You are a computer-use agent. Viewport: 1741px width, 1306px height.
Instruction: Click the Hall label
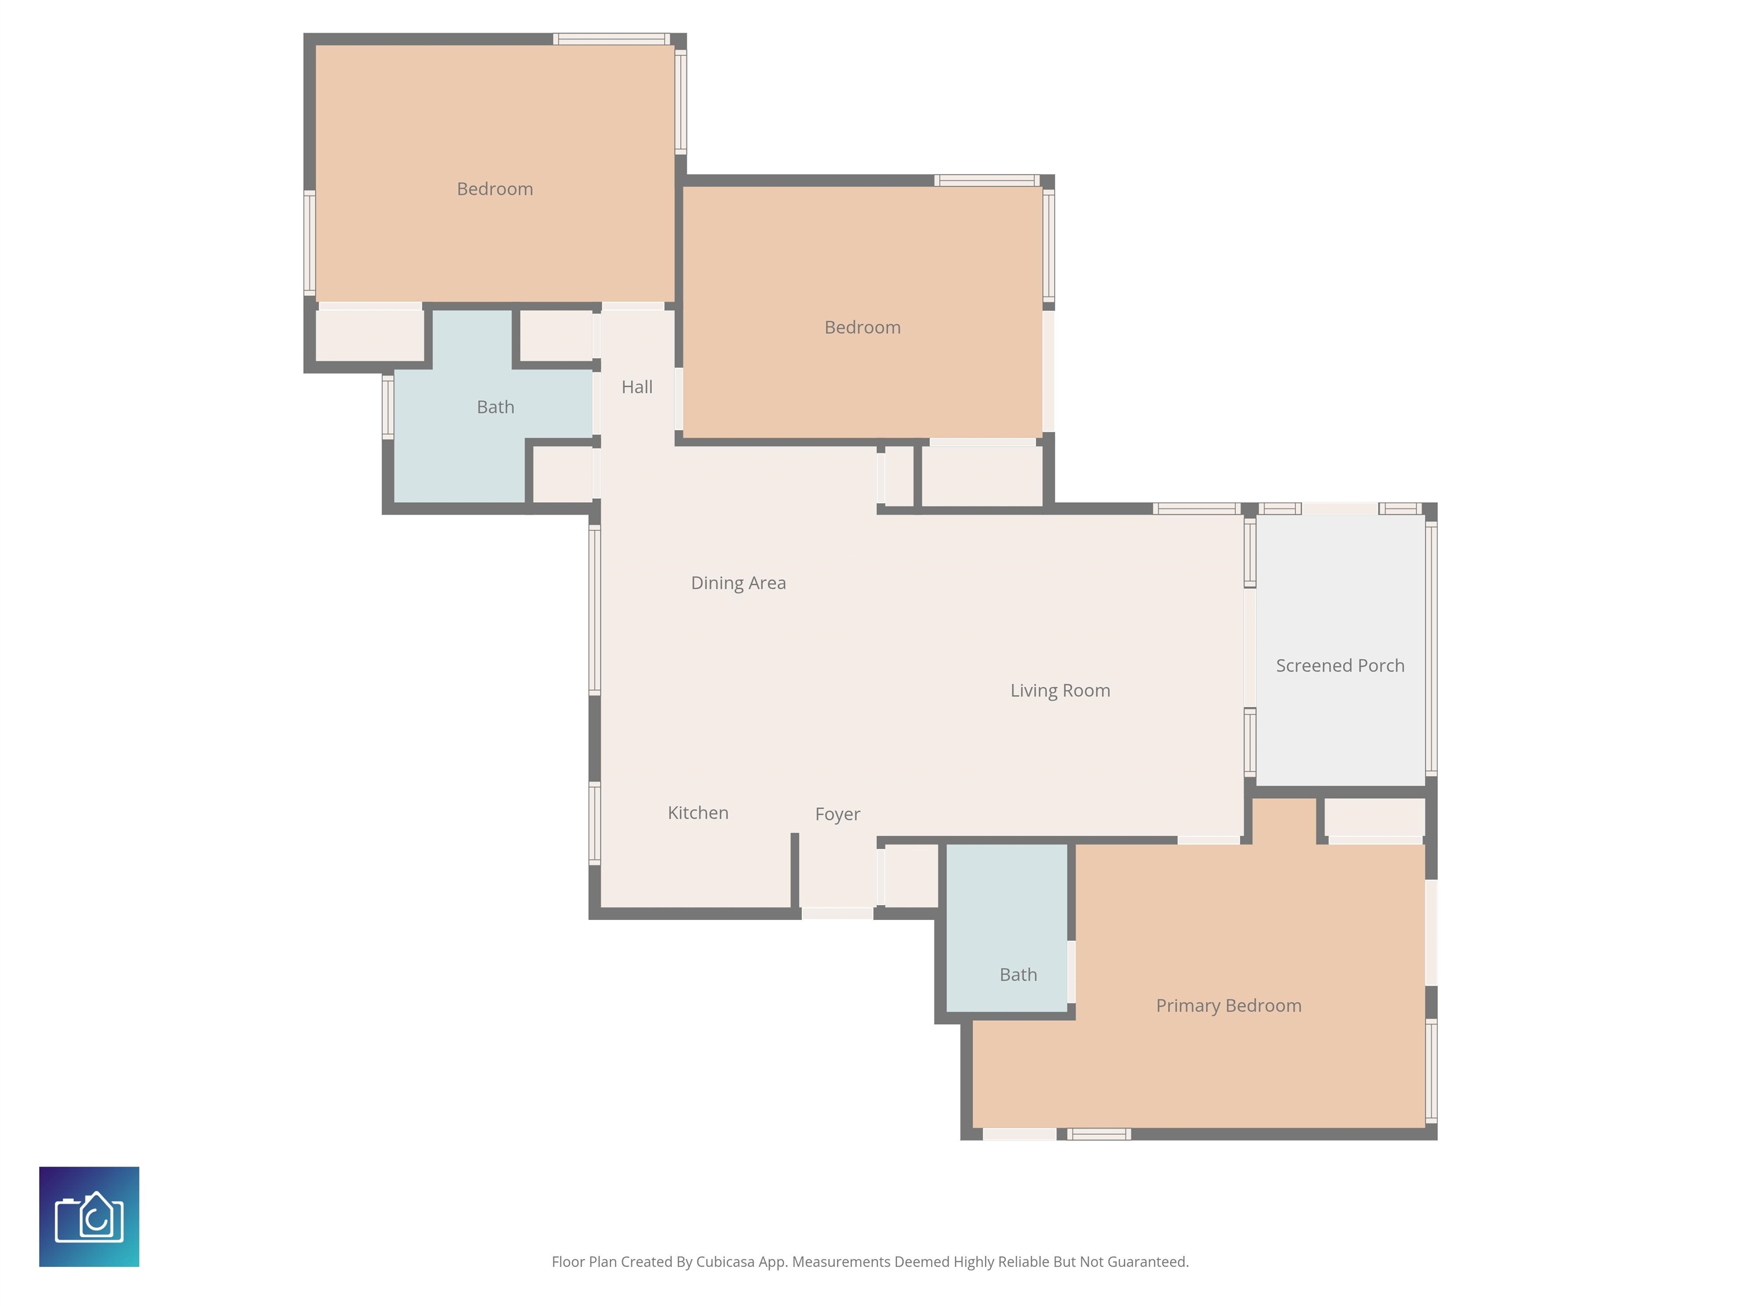click(637, 387)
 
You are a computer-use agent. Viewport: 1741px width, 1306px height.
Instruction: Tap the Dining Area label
click(738, 583)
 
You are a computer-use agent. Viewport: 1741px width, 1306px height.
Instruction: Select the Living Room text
click(1060, 690)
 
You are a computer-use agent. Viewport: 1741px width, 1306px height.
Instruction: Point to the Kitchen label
click(698, 812)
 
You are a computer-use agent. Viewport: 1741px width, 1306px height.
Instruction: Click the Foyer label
click(838, 814)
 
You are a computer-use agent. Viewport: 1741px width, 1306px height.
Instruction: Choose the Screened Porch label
click(1340, 665)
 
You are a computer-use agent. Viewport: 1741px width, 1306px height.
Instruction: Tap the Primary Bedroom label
click(1229, 1005)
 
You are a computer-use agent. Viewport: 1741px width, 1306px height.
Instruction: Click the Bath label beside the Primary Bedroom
click(1018, 974)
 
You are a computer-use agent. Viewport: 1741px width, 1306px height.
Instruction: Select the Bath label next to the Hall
click(495, 407)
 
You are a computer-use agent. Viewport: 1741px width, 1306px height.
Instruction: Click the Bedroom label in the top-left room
click(495, 189)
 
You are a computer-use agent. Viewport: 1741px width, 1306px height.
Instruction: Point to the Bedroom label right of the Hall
click(863, 328)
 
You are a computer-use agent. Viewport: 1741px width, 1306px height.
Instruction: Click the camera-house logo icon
click(89, 1216)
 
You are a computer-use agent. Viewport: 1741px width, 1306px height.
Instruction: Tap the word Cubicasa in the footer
click(724, 1262)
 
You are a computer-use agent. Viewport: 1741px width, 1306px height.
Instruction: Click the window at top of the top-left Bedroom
click(612, 39)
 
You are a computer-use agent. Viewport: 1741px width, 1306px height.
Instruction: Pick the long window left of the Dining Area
click(595, 610)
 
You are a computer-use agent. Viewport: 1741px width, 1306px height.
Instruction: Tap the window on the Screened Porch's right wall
click(1432, 650)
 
